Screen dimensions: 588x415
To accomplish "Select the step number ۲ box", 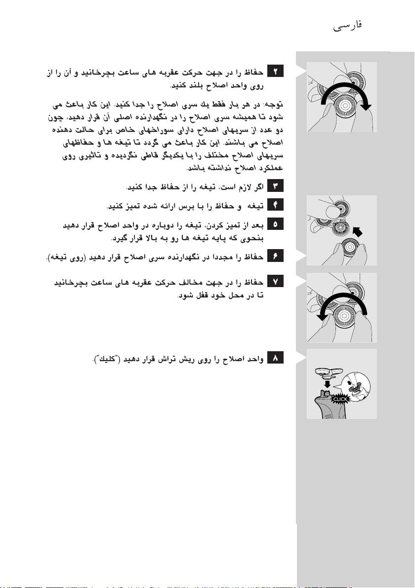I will click(274, 73).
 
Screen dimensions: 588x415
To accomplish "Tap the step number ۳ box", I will click(274, 186).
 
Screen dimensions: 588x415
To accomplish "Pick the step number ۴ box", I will click(274, 205).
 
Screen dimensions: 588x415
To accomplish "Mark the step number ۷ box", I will click(274, 281).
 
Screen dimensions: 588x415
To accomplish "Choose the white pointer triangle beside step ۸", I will click(301, 358).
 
